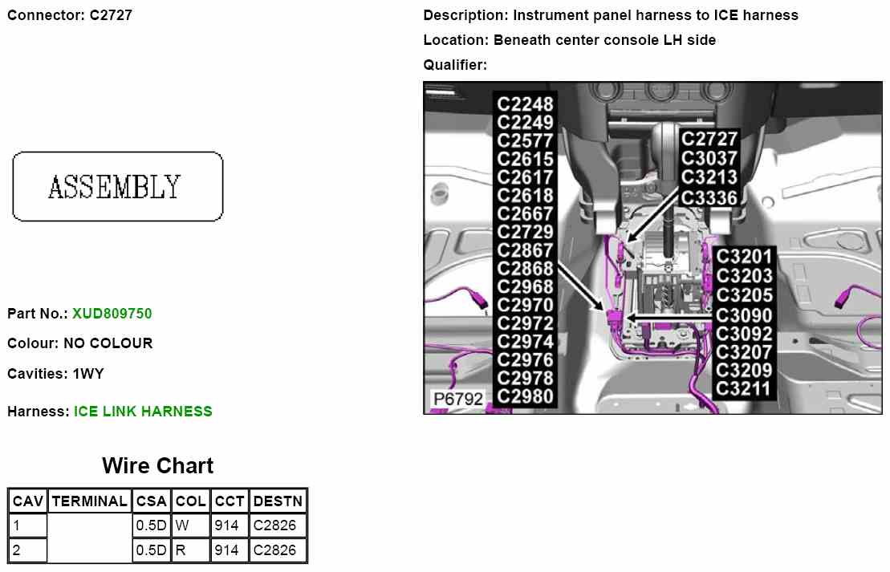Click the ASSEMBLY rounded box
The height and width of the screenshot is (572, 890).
coord(117,187)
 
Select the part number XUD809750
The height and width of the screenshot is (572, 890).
coord(112,314)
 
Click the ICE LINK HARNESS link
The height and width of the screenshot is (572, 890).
coord(143,412)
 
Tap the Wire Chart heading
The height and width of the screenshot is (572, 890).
coord(158,466)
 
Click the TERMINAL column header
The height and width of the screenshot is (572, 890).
coord(89,501)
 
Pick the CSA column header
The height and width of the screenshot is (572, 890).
coord(151,501)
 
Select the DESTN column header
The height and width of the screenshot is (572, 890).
coord(278,501)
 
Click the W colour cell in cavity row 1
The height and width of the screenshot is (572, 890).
coord(190,525)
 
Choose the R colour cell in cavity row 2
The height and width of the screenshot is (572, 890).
coord(190,550)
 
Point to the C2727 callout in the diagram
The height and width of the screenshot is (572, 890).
coord(709,140)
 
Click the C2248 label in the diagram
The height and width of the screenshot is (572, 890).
coord(526,103)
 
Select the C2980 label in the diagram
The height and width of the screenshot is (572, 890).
coord(526,396)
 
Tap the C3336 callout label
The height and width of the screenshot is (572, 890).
coord(709,196)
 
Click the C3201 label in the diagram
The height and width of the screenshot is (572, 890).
coord(744,257)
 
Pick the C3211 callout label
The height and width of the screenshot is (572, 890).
coord(744,389)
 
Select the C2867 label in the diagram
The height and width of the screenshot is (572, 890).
coord(526,250)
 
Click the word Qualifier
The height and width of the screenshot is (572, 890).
coord(454,65)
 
